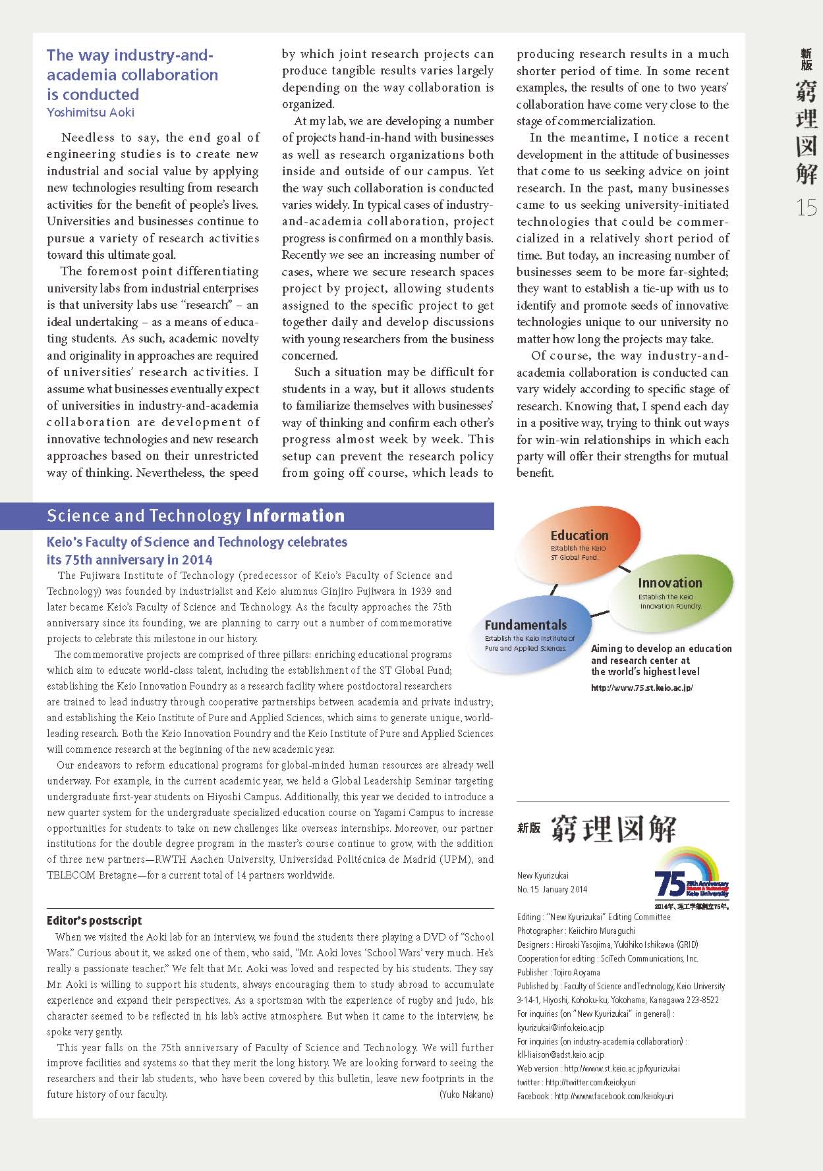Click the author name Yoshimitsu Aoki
pos(90,113)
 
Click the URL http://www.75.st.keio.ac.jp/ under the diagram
pos(642,688)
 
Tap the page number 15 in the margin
pos(807,208)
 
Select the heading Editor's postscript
pos(94,921)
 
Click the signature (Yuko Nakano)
pos(466,1095)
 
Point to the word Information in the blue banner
pos(295,516)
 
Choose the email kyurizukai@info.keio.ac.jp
pos(561,1027)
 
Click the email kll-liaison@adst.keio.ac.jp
pos(561,1054)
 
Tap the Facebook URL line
pos(595,1096)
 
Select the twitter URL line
pos(576,1082)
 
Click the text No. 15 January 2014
pos(552,889)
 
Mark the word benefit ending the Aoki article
pos(535,473)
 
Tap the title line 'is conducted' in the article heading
pos(93,94)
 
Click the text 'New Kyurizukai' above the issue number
pos(542,875)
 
